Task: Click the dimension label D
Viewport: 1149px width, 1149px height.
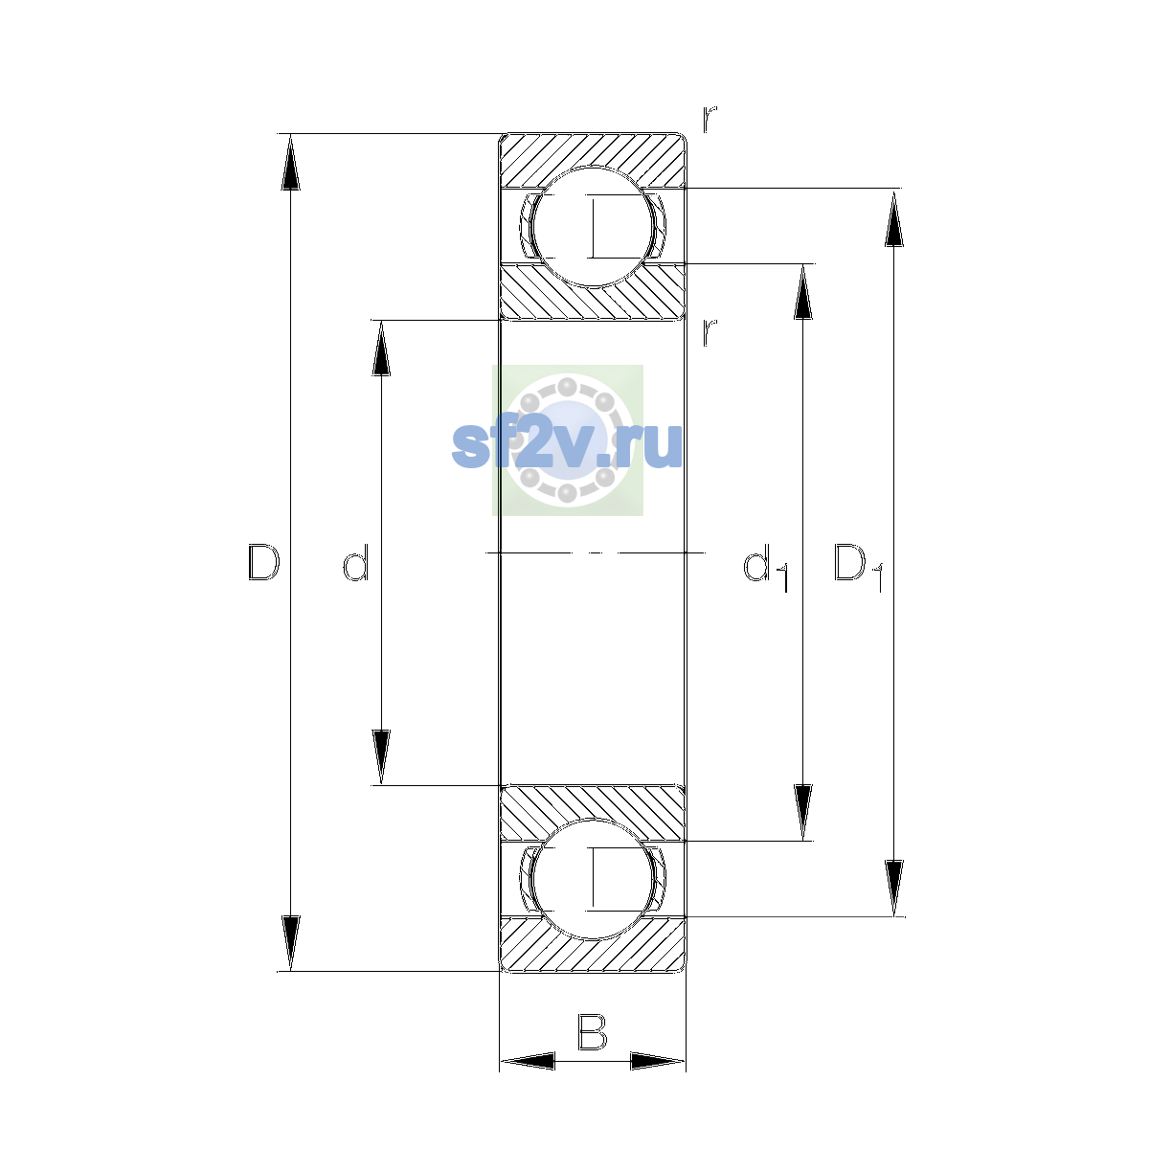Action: click(263, 562)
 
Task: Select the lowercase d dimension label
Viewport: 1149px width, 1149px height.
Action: click(356, 562)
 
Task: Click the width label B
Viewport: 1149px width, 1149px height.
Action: click(592, 1033)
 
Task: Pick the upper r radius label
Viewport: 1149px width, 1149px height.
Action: click(710, 119)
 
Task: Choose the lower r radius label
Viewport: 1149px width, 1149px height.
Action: click(710, 332)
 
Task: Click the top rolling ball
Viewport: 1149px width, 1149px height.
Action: click(592, 227)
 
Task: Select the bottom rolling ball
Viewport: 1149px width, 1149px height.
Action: click(592, 880)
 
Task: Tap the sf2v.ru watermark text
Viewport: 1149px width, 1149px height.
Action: click(567, 444)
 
